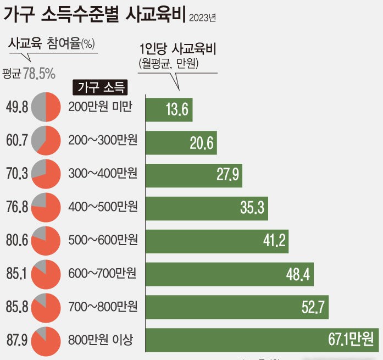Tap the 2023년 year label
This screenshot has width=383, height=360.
[202, 18]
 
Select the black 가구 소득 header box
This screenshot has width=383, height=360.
[101, 87]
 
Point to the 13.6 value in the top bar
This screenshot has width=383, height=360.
[177, 111]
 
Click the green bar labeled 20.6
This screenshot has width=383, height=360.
[181, 143]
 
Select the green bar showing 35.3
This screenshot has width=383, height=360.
[206, 208]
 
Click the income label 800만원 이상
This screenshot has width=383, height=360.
[101, 339]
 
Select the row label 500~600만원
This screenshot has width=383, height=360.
[103, 240]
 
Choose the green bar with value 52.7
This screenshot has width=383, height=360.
[237, 307]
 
